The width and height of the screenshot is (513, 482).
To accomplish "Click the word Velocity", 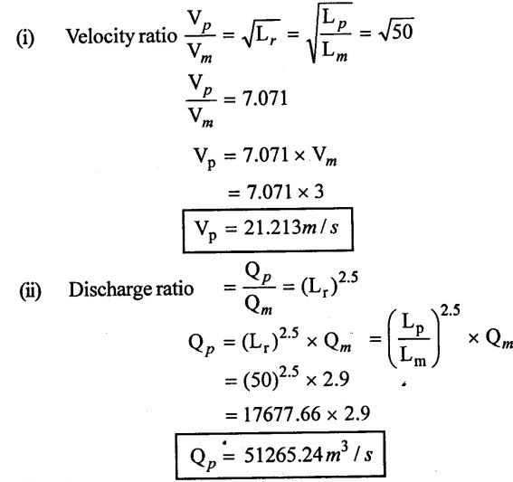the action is tap(100, 37).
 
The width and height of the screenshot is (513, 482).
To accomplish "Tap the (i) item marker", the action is tap(25, 38).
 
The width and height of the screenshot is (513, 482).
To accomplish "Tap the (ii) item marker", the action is tap(31, 290).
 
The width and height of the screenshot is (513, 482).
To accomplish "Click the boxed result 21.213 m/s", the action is tap(268, 230).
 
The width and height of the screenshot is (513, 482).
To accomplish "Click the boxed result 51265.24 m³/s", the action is tap(280, 456).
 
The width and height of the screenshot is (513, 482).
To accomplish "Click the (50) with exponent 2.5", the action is tap(271, 378).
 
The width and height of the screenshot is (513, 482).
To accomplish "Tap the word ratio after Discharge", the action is tap(175, 289).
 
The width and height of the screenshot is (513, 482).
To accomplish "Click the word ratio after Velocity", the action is tap(157, 36).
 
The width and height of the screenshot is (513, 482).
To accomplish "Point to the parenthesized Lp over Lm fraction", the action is tap(413, 339).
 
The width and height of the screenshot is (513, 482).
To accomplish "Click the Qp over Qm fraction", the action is tap(259, 288).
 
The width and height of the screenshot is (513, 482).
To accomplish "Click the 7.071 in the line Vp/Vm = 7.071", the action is tap(264, 99).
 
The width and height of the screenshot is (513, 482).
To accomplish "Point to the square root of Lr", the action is tap(261, 33).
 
